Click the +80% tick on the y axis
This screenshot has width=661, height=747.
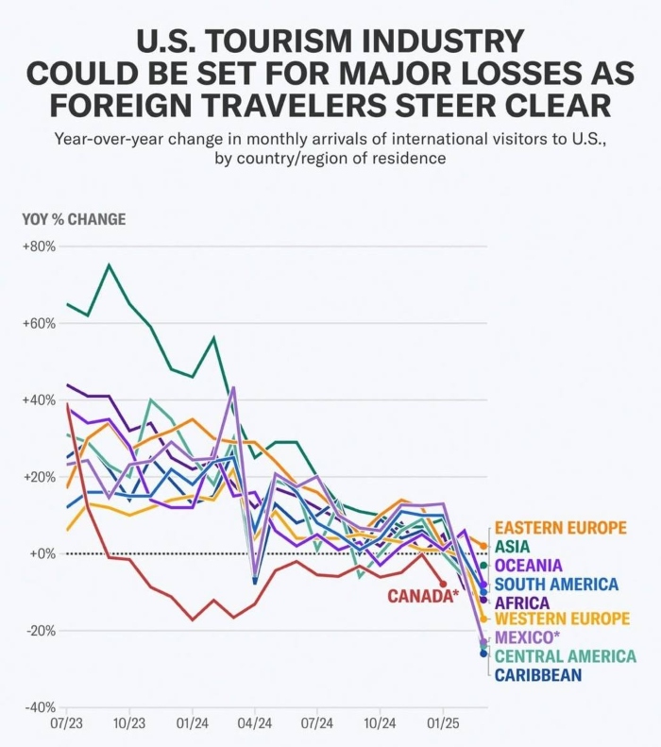pos(40,246)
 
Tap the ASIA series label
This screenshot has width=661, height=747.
pos(513,547)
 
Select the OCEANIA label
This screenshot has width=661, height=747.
pos(529,565)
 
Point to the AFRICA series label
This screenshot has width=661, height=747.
pos(522,602)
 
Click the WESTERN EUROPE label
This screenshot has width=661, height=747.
pos(562,620)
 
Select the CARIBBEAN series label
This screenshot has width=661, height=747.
pos(537,675)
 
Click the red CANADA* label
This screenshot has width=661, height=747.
pos(423,595)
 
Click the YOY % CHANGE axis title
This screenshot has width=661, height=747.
pos(74,220)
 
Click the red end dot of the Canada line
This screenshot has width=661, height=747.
pos(442,584)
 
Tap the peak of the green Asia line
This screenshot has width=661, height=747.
pos(109,265)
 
